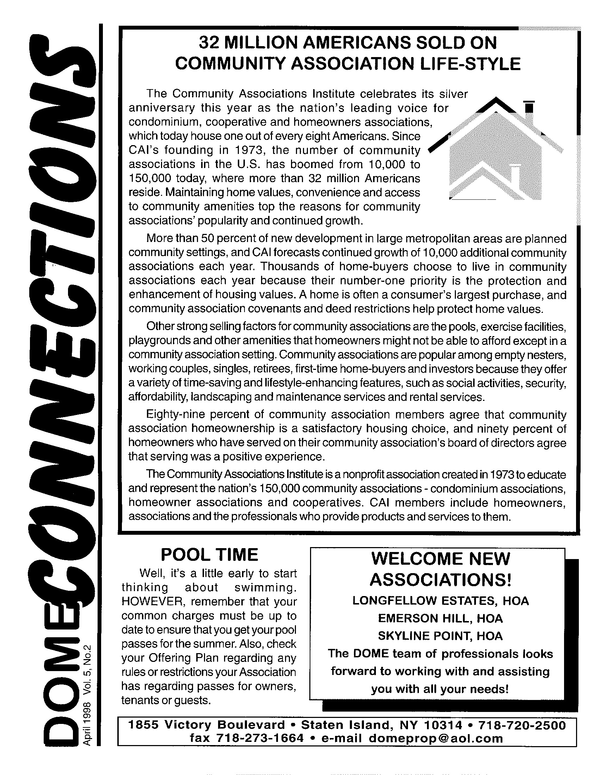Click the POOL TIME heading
[x=209, y=555]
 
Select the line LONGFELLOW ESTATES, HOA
[x=440, y=601]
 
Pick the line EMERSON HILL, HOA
[x=440, y=618]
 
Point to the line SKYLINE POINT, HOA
[x=440, y=636]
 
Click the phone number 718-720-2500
[x=522, y=725]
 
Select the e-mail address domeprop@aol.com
[x=435, y=738]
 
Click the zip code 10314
[x=443, y=725]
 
